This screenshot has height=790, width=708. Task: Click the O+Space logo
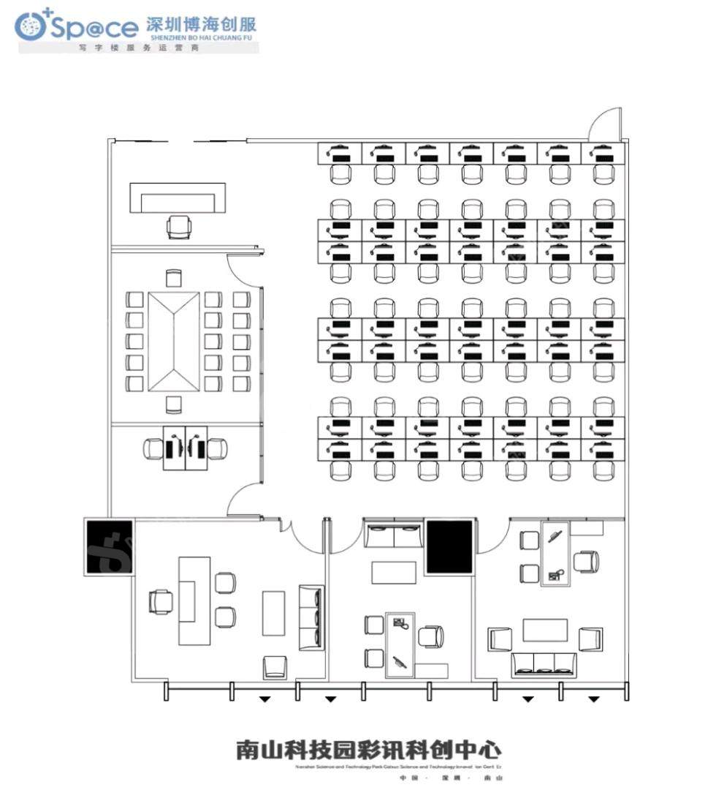(76, 27)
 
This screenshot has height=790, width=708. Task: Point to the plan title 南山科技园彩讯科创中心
(368, 750)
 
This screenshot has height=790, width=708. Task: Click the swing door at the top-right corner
(606, 125)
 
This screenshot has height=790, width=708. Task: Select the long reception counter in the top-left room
(178, 198)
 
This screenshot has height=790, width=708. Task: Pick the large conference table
(173, 341)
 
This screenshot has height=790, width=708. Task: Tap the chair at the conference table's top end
(173, 278)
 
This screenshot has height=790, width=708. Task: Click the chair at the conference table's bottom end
(173, 405)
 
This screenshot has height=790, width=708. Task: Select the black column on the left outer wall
(109, 546)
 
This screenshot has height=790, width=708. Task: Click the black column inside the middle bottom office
(449, 546)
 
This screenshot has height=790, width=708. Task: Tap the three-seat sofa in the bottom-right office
(544, 663)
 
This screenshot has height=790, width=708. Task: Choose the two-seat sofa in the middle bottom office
(394, 535)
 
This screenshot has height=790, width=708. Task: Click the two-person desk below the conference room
(185, 448)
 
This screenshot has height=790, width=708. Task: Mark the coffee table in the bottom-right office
(545, 630)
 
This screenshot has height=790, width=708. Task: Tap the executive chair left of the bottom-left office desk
(160, 601)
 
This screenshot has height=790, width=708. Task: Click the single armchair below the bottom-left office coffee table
(275, 666)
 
